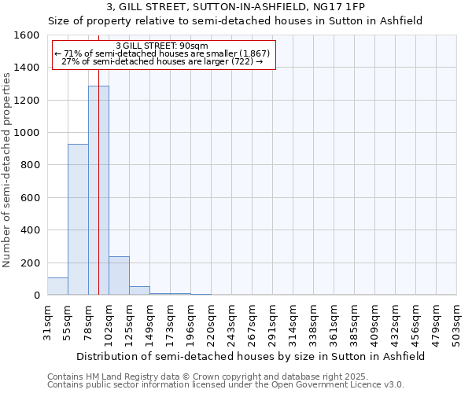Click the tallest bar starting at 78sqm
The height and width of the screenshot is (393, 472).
coord(98,190)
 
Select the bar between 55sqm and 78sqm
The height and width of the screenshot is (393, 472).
coord(78,219)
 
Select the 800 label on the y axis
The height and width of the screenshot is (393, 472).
coord(30,165)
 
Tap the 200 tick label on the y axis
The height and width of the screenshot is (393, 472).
coord(30,263)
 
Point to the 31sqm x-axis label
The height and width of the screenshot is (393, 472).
coord(48,323)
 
